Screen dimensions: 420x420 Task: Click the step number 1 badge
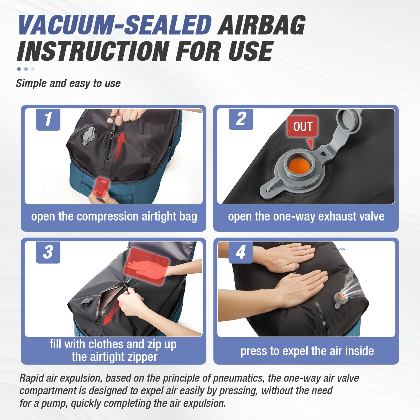tap(48, 119)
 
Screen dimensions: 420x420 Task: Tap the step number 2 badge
tap(241, 119)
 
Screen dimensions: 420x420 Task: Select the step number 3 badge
tap(48, 253)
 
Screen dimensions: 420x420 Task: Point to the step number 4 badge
tap(241, 253)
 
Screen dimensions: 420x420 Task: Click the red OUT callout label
tap(303, 127)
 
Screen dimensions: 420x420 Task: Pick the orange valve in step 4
tap(340, 296)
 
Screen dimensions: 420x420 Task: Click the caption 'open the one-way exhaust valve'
tap(306, 217)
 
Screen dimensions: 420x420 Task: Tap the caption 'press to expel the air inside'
tap(307, 351)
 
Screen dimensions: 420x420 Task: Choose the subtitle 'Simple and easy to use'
tap(68, 83)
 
